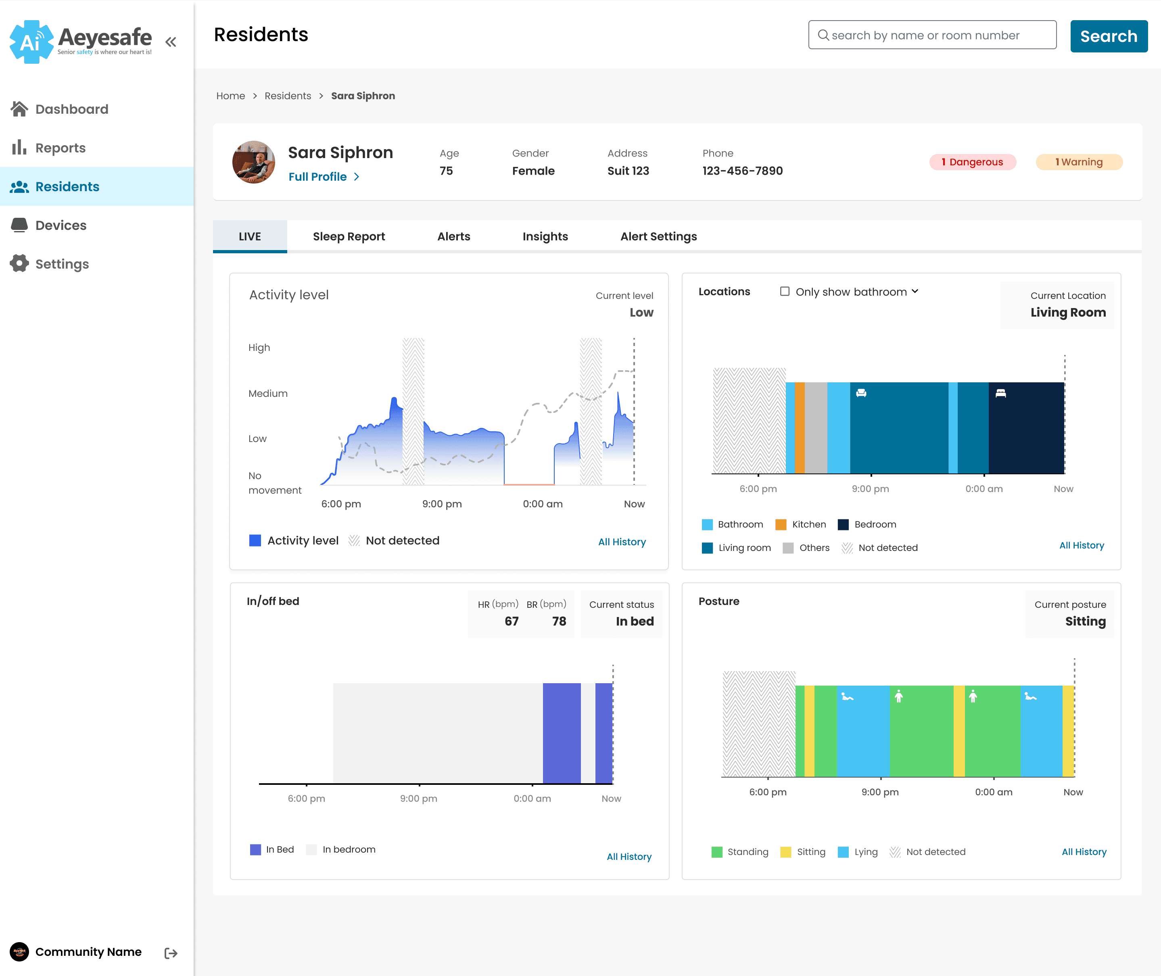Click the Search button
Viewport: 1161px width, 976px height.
click(1109, 36)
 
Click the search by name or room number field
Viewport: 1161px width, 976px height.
click(932, 35)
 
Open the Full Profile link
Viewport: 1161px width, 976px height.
click(324, 177)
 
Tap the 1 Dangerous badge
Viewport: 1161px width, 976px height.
click(972, 162)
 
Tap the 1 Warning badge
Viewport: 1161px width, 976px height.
click(1079, 162)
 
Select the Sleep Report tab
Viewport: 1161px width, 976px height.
click(349, 236)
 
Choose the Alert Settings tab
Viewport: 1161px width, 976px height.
click(658, 236)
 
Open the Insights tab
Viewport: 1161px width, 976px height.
click(545, 236)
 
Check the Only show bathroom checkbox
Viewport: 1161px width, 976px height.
click(784, 291)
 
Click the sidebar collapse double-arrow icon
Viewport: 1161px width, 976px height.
click(171, 42)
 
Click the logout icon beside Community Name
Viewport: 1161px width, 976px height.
click(171, 953)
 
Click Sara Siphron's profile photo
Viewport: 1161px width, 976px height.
click(253, 162)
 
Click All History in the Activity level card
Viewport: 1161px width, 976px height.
click(622, 542)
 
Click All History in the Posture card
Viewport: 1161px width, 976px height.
click(1084, 851)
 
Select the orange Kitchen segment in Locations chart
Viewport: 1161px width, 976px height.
click(799, 428)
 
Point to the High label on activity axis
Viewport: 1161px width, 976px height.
click(259, 348)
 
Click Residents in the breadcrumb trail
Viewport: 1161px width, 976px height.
click(288, 96)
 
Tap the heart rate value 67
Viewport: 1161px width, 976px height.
click(512, 621)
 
